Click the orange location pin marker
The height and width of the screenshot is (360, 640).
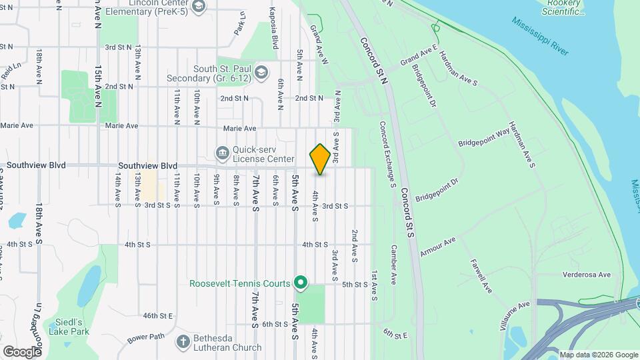pyautogui.click(x=320, y=159)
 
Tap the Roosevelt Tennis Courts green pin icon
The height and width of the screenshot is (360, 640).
pyautogui.click(x=301, y=283)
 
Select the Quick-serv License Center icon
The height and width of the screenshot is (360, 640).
pyautogui.click(x=221, y=153)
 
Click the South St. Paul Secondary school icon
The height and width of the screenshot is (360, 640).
pyautogui.click(x=261, y=72)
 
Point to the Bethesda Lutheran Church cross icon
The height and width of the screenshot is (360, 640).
pyautogui.click(x=183, y=342)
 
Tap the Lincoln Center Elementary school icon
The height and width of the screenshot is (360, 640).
pyautogui.click(x=197, y=6)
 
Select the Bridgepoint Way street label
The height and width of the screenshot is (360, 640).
pyautogui.click(x=484, y=138)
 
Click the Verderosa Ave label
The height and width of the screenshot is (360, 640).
pyautogui.click(x=587, y=274)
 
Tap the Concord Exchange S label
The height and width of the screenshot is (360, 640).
pyautogui.click(x=387, y=153)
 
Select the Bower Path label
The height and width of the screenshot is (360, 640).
pyautogui.click(x=146, y=337)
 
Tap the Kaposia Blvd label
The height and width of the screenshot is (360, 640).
pyautogui.click(x=273, y=33)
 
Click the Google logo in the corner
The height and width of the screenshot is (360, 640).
pyautogui.click(x=22, y=351)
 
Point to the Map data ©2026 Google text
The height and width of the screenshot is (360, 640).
pyautogui.click(x=598, y=355)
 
